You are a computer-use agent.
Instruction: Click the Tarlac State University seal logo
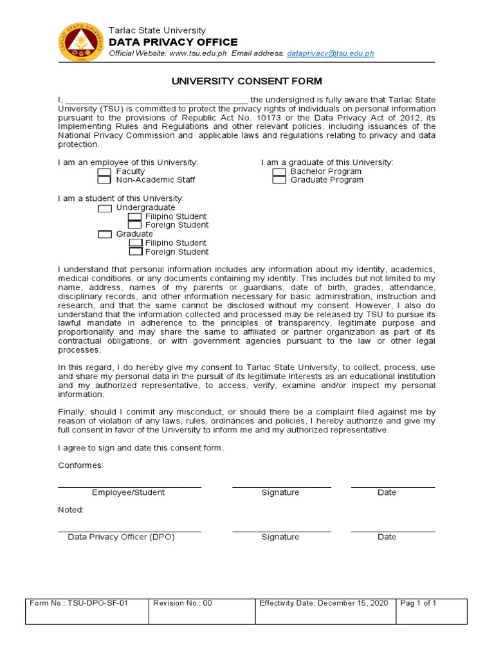tap(80, 42)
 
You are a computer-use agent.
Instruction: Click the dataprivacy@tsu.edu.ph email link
tap(331, 53)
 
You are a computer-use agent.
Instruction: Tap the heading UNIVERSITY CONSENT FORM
tap(246, 82)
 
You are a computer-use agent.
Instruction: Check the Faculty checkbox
tap(104, 172)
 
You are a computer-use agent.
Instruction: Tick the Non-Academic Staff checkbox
tap(104, 180)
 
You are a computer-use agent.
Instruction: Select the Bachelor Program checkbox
tap(279, 172)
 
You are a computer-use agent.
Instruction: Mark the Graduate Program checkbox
tap(279, 180)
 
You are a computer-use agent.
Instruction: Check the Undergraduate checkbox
tap(105, 208)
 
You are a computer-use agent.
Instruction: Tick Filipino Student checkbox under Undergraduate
tap(135, 217)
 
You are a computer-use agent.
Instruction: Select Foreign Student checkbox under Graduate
tap(135, 252)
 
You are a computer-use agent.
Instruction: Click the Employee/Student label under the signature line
tap(128, 492)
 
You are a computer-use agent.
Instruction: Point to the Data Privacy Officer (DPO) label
tap(122, 537)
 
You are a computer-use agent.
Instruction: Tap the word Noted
tap(71, 510)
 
